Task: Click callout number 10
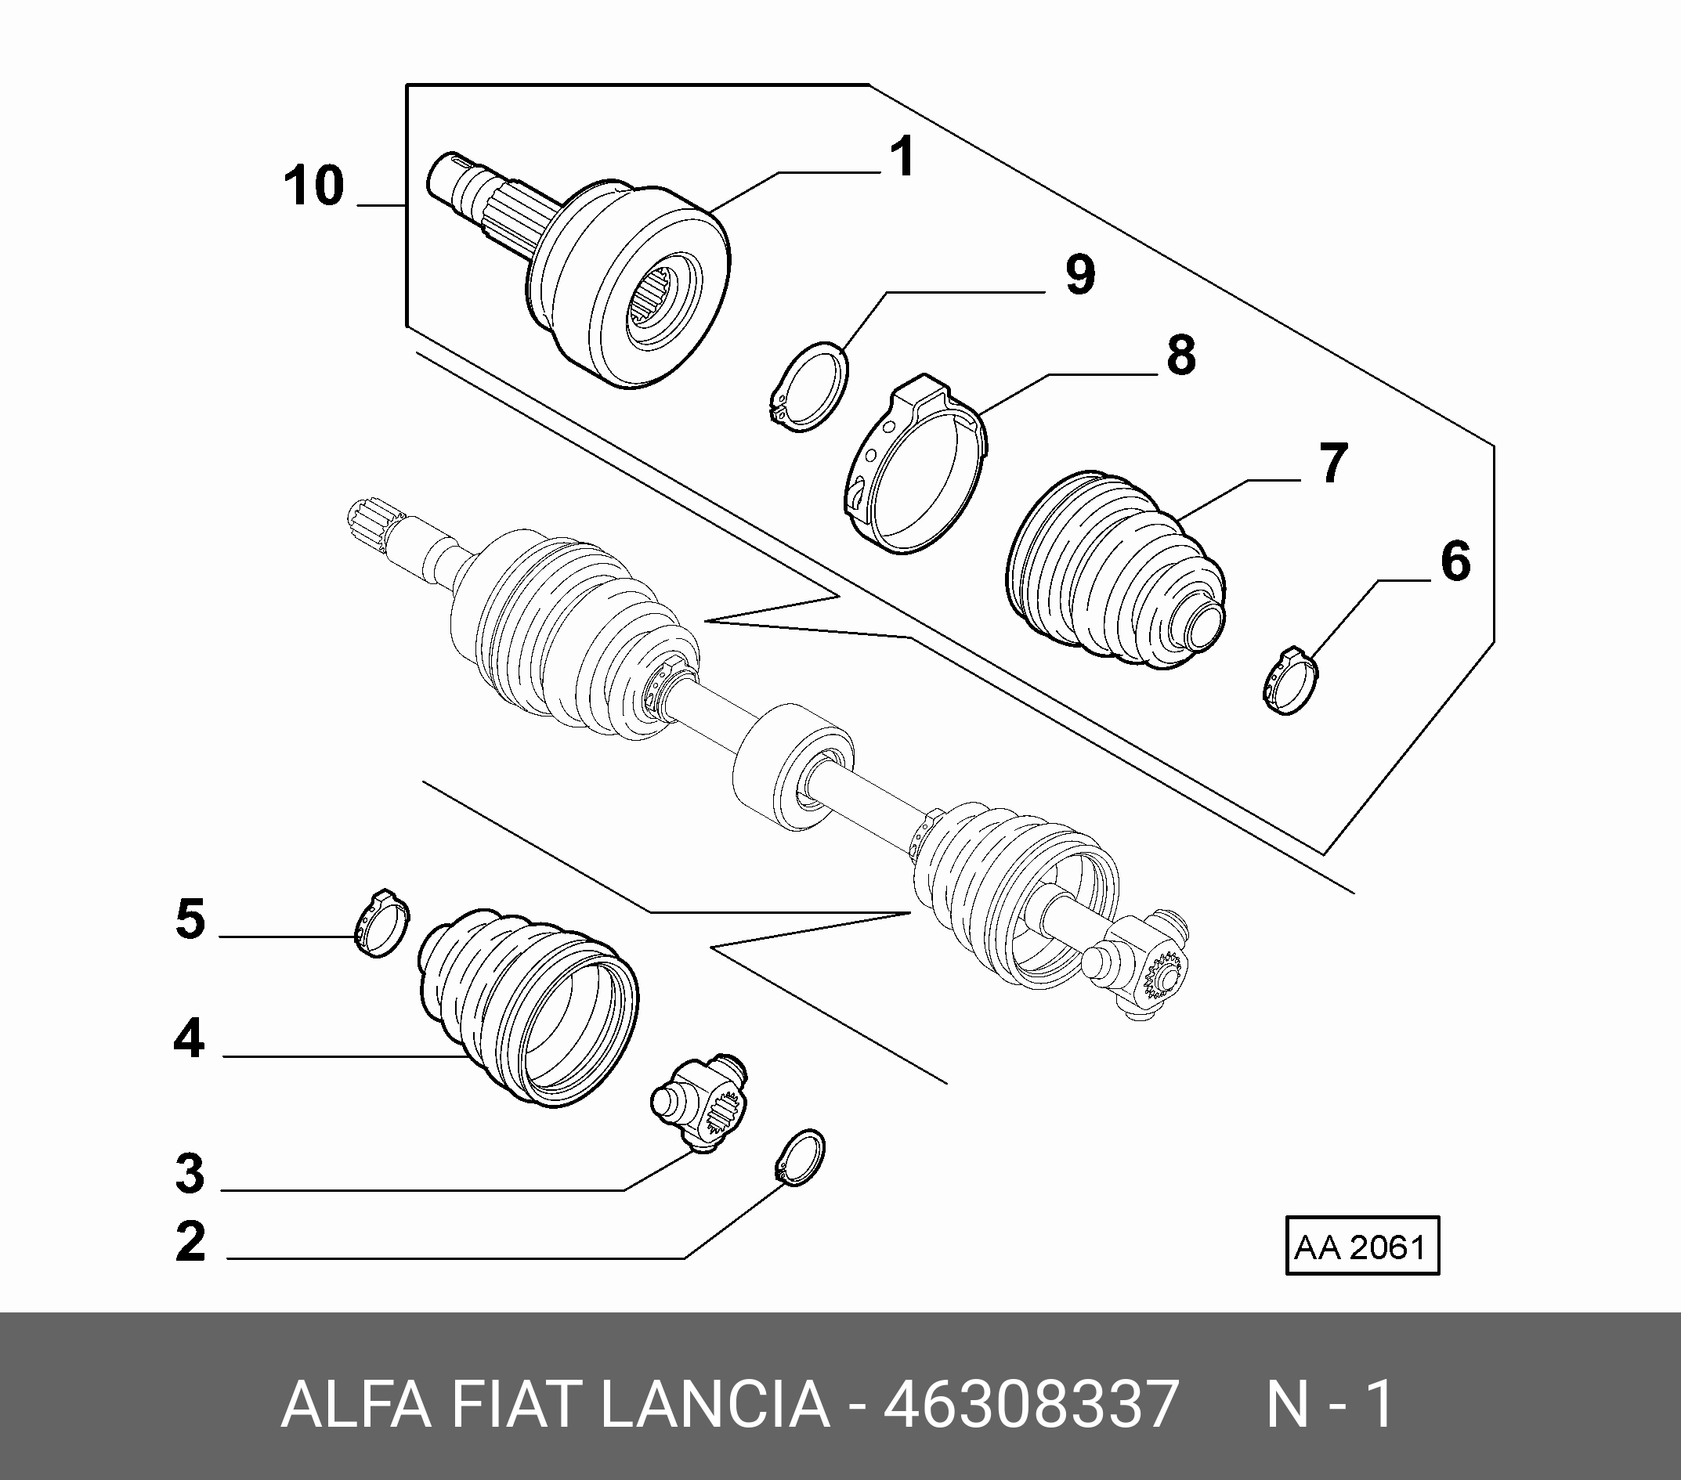pyautogui.click(x=314, y=186)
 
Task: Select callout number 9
pyautogui.click(x=1081, y=275)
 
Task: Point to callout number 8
pyautogui.click(x=1181, y=356)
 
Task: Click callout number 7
pyautogui.click(x=1334, y=463)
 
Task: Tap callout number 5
pyautogui.click(x=190, y=919)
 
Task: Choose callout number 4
pyautogui.click(x=189, y=1038)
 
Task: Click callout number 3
pyautogui.click(x=190, y=1173)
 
